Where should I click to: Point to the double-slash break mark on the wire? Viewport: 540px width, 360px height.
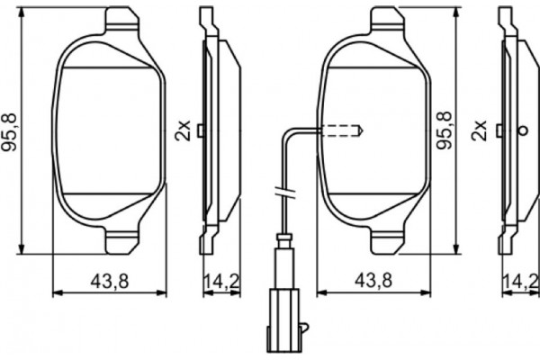282,192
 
